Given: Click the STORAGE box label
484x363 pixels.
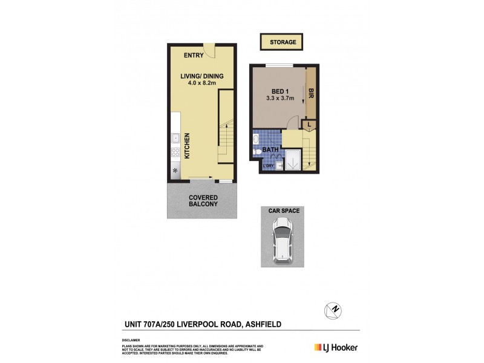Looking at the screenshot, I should point(282,42).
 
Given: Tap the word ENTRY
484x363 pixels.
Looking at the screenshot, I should point(194,56).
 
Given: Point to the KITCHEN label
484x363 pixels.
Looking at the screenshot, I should point(187,146).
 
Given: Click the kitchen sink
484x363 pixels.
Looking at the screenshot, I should point(175,138).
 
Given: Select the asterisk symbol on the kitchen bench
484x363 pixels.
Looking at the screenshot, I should point(176,172).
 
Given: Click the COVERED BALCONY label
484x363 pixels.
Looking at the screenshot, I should point(203,201).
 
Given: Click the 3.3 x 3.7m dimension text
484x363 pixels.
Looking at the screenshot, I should point(280,99).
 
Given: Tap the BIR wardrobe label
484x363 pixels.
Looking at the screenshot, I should point(310,94).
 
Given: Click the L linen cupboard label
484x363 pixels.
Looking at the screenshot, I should point(309,125).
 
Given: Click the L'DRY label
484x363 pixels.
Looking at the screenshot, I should point(267,165).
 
